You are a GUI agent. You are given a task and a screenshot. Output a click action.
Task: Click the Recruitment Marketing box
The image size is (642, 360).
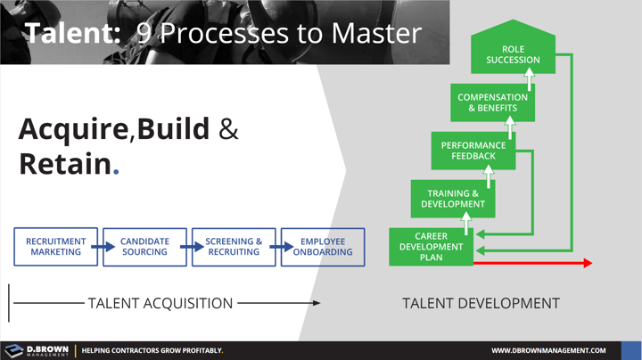click(x=55, y=247)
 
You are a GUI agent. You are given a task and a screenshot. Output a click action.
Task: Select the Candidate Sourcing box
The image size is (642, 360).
click(x=144, y=247)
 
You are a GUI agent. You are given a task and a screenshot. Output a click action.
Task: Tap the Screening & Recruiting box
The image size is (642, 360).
click(x=234, y=247)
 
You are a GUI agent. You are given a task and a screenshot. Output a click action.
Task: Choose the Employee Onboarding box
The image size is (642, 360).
click(x=322, y=247)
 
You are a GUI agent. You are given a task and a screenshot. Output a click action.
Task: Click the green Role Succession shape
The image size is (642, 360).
click(x=513, y=54)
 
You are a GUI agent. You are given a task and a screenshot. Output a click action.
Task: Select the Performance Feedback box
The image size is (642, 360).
click(x=473, y=151)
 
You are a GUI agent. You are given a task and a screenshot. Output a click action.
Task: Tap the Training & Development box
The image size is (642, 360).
click(x=453, y=198)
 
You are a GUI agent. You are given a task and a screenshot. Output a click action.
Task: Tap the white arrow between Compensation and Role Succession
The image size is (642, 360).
click(x=528, y=82)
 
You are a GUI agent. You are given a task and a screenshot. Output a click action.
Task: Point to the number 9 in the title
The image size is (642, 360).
click(x=144, y=34)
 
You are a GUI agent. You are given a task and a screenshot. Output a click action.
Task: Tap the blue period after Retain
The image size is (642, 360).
click(x=117, y=169)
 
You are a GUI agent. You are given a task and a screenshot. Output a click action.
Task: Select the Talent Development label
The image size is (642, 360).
click(x=481, y=303)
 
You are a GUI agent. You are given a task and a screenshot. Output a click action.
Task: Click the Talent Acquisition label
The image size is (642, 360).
click(x=160, y=303)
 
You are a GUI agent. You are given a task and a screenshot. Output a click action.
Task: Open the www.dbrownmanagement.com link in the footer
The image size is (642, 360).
click(x=548, y=350)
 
